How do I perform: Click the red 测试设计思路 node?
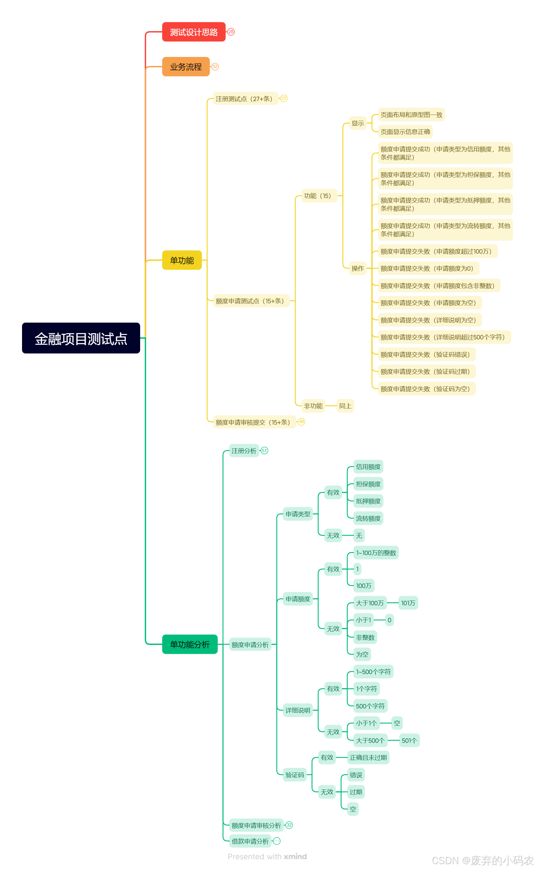[x=194, y=32]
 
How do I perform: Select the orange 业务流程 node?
[x=186, y=66]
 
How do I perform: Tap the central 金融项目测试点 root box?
[x=81, y=338]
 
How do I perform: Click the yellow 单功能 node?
[x=182, y=260]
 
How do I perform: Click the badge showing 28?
[x=231, y=32]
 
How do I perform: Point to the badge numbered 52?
[x=215, y=66]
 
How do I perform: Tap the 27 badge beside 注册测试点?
[x=284, y=98]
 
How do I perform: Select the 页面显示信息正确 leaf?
[x=405, y=132]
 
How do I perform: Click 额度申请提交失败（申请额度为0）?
[x=428, y=268]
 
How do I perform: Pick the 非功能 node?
[x=313, y=405]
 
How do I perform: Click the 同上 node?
[x=345, y=405]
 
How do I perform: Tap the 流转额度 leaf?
[x=368, y=518]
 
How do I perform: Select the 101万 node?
[x=408, y=603]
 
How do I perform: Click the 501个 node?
[x=409, y=740]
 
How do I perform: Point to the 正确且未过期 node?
[x=368, y=757]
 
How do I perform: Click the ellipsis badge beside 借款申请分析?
[x=277, y=841]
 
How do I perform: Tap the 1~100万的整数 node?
[x=376, y=552]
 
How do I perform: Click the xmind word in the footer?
[x=295, y=856]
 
